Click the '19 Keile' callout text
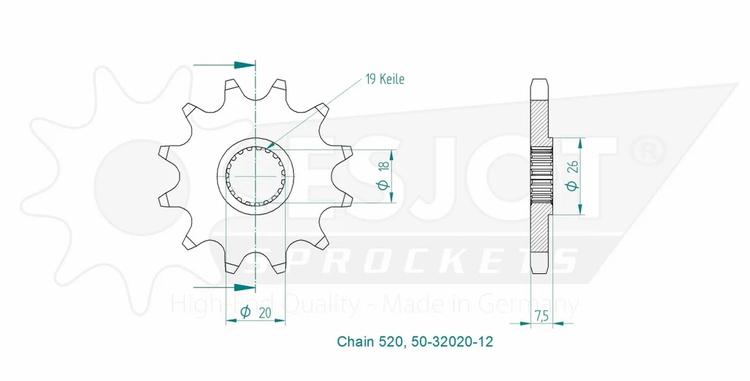point(385,79)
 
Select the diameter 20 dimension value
point(256,312)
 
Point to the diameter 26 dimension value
point(573,176)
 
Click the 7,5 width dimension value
point(542,316)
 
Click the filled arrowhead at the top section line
point(244,65)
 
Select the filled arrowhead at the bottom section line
point(244,287)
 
